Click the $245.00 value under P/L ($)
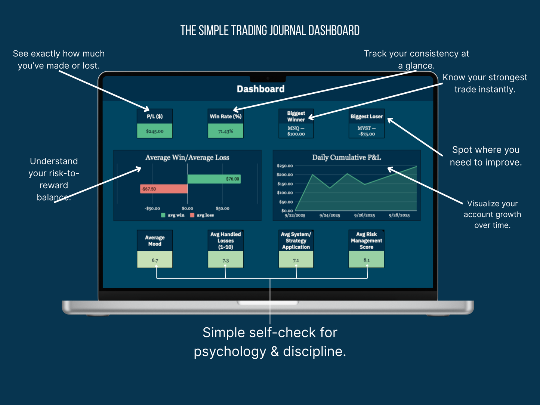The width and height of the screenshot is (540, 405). pos(155,131)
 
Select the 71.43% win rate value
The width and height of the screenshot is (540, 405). pos(226,131)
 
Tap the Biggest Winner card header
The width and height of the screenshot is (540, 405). pos(296,116)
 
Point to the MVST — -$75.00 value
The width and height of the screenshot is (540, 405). pos(366,131)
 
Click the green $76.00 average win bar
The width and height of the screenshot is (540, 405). pos(214,179)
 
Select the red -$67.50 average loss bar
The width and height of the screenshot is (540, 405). pos(164,189)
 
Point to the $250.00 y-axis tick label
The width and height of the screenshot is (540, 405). pos(285,166)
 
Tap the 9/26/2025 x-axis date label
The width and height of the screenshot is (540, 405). pos(364,216)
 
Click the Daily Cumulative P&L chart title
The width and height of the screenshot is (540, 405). pos(346,157)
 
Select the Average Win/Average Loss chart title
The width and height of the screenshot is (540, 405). pos(187,158)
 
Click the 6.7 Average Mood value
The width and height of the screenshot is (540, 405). pos(155,260)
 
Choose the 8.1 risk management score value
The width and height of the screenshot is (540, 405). pos(366,260)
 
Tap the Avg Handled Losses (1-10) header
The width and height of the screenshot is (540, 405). pos(226,241)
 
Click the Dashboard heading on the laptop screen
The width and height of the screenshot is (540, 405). pos(260,89)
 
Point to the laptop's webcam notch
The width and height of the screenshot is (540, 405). pos(268,78)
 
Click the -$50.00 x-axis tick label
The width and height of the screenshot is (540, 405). pos(152,208)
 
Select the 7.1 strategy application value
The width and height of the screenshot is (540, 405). pos(296,260)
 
